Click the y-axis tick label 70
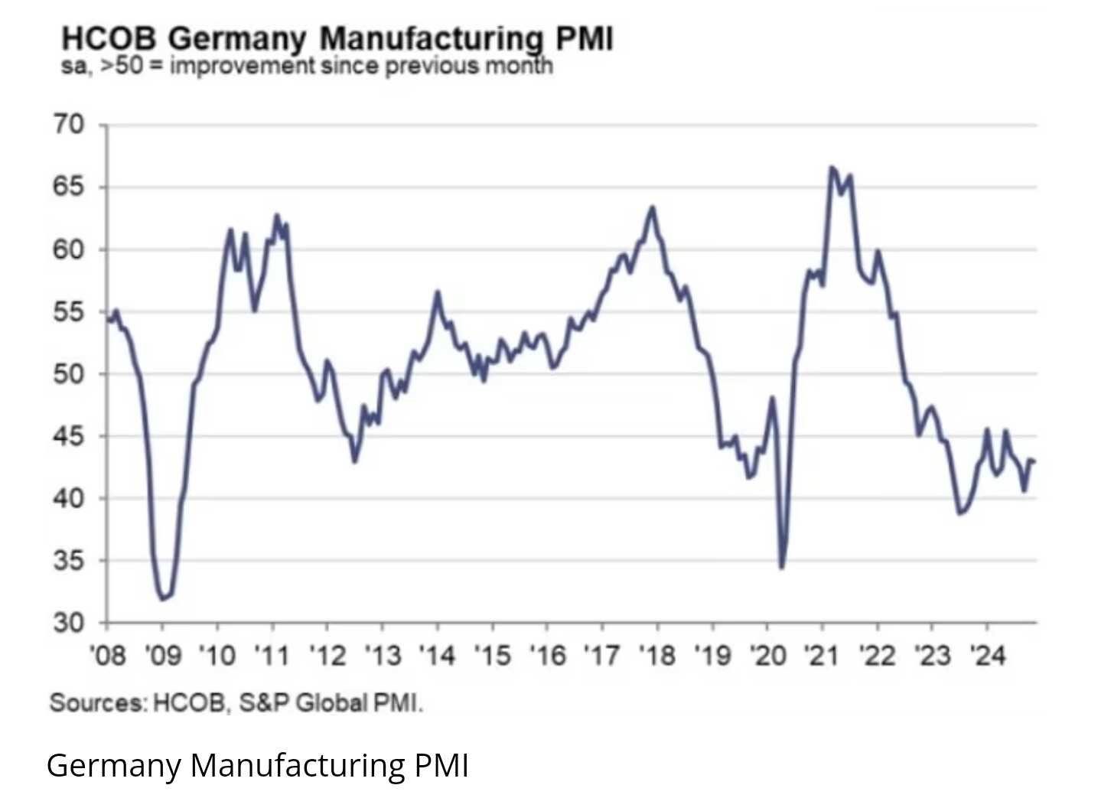click(x=68, y=124)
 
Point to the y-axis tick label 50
click(x=68, y=374)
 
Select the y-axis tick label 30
click(x=68, y=624)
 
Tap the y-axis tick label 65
click(x=68, y=187)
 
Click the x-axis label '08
click(x=107, y=656)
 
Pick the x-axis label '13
click(x=383, y=656)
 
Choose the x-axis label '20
click(x=767, y=656)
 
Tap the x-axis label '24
click(x=988, y=656)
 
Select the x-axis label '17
click(x=603, y=656)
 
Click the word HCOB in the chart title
click(x=109, y=38)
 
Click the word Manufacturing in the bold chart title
click(x=431, y=38)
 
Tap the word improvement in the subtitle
click(x=243, y=66)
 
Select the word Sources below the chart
click(x=96, y=702)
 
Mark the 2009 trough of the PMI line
click(x=162, y=598)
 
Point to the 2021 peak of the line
click(x=832, y=168)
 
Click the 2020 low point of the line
click(x=781, y=567)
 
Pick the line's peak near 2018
click(x=653, y=207)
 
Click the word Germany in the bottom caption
click(x=113, y=764)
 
